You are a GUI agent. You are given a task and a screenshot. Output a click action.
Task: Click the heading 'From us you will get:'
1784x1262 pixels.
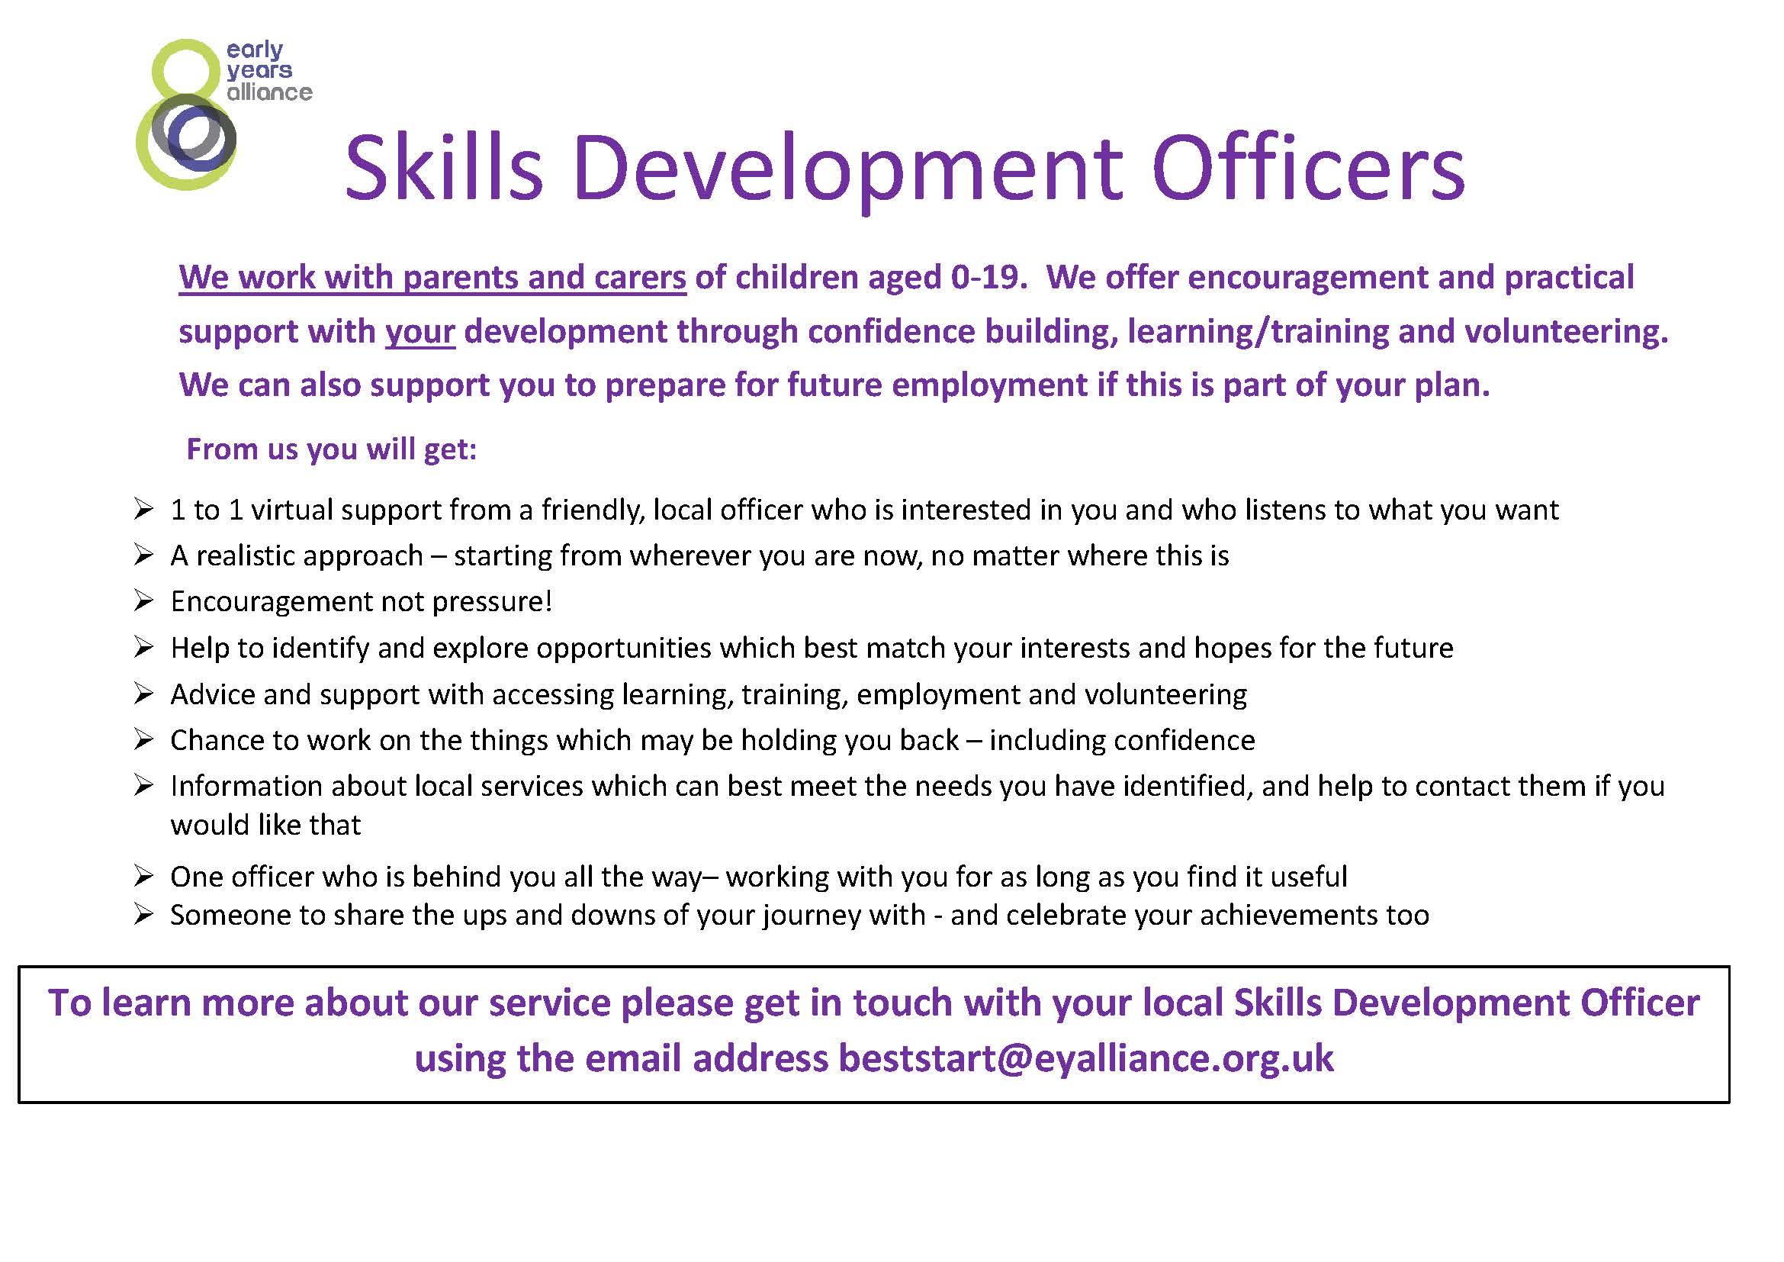point(332,449)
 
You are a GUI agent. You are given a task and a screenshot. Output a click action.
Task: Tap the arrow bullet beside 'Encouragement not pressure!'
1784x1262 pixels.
point(143,600)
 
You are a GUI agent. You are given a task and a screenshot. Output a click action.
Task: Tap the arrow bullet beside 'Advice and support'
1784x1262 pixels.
point(143,693)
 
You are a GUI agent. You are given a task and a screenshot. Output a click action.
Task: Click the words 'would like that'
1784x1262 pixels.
point(265,825)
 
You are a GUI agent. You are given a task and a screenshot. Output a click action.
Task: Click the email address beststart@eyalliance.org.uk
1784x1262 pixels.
point(1085,1058)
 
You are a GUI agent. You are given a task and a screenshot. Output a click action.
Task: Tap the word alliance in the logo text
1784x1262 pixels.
point(269,92)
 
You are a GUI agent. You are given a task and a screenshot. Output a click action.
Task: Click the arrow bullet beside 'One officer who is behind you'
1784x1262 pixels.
point(143,876)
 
